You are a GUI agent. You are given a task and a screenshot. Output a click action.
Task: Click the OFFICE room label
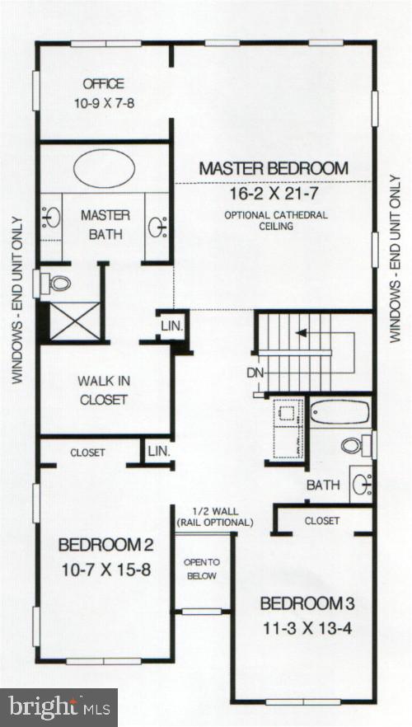[103, 83]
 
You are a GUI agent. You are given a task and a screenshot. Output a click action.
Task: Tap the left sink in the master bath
[51, 218]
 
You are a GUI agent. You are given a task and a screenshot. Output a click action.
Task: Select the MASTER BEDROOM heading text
[274, 168]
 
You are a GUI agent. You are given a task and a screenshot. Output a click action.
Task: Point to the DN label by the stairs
[255, 372]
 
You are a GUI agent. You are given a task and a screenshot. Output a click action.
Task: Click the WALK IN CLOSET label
[103, 390]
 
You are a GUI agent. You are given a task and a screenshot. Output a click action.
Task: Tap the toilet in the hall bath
[353, 445]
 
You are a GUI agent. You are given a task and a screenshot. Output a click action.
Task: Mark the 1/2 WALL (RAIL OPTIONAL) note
[214, 517]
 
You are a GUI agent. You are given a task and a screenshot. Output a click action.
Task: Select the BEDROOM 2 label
[103, 545]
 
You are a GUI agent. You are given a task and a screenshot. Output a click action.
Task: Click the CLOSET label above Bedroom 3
[321, 521]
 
